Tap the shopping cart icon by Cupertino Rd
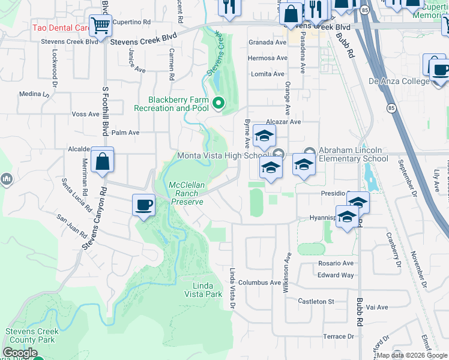point(100,26)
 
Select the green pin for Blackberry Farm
point(218,104)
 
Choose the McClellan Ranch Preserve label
point(187,193)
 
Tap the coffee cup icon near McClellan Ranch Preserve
point(143,205)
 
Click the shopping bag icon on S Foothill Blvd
point(103,161)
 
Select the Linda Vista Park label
point(207,290)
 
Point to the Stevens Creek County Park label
point(32,335)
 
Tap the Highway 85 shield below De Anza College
point(391,108)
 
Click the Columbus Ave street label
point(259,283)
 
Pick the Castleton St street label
point(316,301)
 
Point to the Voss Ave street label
point(85,114)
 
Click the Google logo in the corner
point(20,353)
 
